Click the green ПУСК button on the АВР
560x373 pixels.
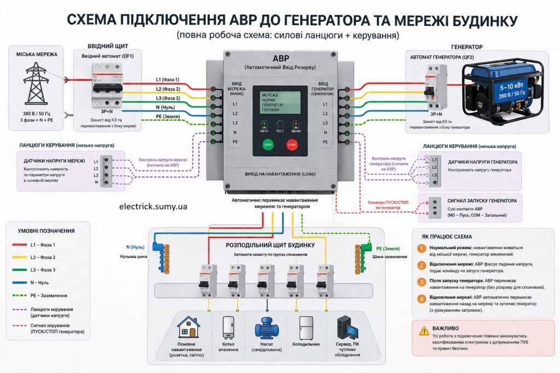pos(267,146)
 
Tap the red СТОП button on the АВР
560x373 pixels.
pos(293,146)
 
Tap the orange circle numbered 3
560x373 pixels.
pos(421,281)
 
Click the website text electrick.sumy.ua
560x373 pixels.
pos(153,206)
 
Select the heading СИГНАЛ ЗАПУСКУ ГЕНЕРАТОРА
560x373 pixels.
pos(482,201)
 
